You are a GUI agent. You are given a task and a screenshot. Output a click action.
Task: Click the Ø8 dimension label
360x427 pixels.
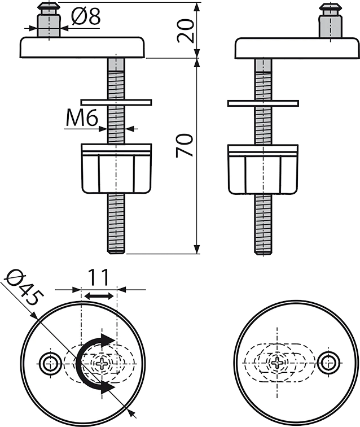coord(86,16)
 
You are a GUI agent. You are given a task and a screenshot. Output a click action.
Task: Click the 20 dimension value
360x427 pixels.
coord(186,30)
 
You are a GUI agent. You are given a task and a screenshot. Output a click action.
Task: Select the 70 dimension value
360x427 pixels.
coord(185,145)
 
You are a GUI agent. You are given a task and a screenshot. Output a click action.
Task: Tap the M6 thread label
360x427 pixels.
coord(82,119)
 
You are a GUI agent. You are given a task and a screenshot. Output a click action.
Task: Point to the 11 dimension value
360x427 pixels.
coord(99,277)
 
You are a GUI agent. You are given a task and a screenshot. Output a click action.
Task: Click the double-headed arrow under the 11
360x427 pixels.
coord(99,296)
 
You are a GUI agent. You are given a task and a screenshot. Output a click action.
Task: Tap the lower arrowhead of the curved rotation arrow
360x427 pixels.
coord(108,386)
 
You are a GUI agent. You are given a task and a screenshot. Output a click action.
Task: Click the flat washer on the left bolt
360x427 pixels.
coord(116,102)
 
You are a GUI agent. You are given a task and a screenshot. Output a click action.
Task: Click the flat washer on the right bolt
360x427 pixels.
coord(263,103)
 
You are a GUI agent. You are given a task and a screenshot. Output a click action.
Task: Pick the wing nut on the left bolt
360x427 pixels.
coord(116,168)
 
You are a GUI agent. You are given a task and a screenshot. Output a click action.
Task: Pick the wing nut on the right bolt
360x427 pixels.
coord(263,169)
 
